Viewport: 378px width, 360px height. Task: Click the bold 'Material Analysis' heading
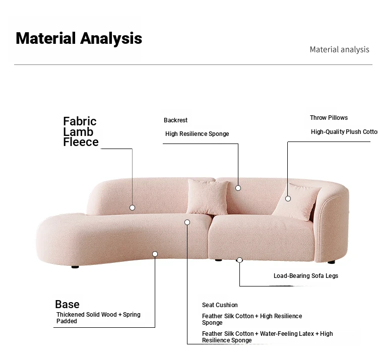(x=79, y=39)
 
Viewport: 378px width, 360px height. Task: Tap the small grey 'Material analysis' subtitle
(x=339, y=50)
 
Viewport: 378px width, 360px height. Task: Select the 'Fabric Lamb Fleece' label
(x=81, y=131)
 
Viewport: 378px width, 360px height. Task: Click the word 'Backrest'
(x=175, y=120)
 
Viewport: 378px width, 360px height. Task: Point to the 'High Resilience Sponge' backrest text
(x=197, y=134)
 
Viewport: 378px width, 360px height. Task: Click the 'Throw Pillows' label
(x=329, y=118)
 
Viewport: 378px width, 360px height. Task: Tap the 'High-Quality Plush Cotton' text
(x=344, y=132)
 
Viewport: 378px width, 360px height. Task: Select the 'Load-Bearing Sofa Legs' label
(x=306, y=276)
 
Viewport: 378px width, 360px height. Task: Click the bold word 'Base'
(x=67, y=305)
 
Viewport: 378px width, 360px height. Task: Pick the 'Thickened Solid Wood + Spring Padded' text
(x=98, y=318)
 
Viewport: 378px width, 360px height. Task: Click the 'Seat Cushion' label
(x=220, y=305)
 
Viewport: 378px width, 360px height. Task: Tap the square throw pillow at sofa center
(x=208, y=197)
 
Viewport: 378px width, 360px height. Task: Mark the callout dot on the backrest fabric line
(x=133, y=207)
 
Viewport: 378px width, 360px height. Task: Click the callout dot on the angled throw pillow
(x=288, y=199)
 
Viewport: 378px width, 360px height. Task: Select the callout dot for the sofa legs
(x=239, y=260)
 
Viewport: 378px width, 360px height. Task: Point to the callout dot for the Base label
(x=155, y=254)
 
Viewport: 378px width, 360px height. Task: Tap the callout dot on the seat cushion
(x=187, y=222)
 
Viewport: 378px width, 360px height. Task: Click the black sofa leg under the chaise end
(x=75, y=267)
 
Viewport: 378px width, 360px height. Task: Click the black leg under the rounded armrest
(x=331, y=262)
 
